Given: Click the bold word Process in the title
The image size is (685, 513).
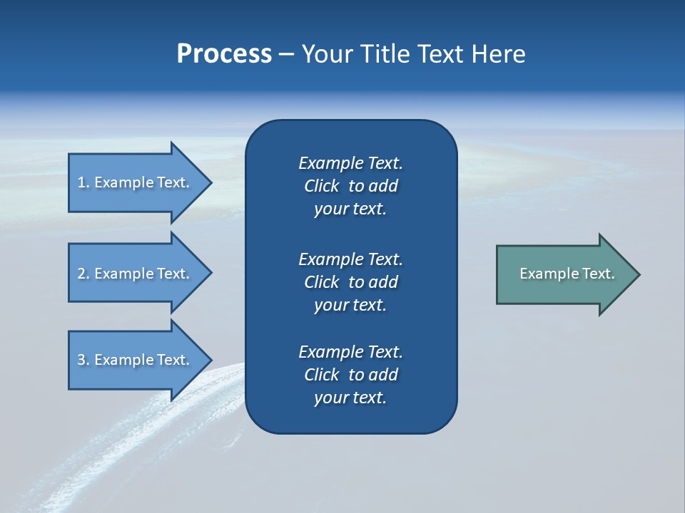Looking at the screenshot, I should tap(224, 54).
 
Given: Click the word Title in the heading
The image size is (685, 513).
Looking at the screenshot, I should tap(385, 54).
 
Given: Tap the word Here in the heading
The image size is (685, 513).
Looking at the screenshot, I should tap(497, 54).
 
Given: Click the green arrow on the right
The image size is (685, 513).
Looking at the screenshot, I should tap(564, 274).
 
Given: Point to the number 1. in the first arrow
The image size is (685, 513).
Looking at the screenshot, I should tap(83, 182).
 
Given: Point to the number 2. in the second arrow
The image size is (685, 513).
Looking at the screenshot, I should tap(83, 274).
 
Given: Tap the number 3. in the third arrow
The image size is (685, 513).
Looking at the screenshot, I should tap(83, 360).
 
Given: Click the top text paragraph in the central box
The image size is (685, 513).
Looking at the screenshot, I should tap(350, 186).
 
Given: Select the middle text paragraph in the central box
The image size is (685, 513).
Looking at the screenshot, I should tap(350, 281).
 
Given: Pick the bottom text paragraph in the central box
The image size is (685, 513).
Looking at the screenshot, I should tap(350, 375).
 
